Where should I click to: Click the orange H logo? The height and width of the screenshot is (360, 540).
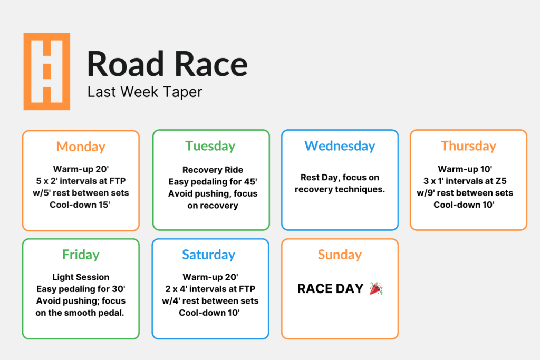(x=46, y=71)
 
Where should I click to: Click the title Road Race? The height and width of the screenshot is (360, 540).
(x=167, y=64)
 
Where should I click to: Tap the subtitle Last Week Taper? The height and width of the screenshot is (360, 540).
(x=144, y=92)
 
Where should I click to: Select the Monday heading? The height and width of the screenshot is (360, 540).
(x=81, y=147)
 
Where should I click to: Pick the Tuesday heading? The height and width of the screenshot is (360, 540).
(x=210, y=146)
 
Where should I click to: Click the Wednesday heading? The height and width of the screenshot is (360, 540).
(x=340, y=146)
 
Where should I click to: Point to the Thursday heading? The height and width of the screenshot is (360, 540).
(x=468, y=146)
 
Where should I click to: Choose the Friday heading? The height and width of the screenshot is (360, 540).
(x=81, y=255)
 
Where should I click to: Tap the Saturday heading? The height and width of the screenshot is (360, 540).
(x=209, y=255)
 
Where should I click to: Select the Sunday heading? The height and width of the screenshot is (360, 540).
(x=340, y=255)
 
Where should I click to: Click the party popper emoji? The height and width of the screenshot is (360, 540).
(x=376, y=288)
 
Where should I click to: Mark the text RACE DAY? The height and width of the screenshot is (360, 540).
(x=330, y=289)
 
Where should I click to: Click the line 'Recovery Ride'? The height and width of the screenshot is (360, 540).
(x=213, y=170)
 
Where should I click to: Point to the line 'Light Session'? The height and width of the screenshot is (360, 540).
(x=81, y=277)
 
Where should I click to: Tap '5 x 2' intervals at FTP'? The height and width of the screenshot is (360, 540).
(x=81, y=181)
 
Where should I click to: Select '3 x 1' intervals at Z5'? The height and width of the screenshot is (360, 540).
(x=468, y=181)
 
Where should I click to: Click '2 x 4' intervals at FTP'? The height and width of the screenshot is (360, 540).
(x=210, y=289)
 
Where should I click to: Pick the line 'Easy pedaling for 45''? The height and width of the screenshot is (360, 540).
(x=213, y=182)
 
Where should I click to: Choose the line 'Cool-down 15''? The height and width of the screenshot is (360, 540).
(x=81, y=205)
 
